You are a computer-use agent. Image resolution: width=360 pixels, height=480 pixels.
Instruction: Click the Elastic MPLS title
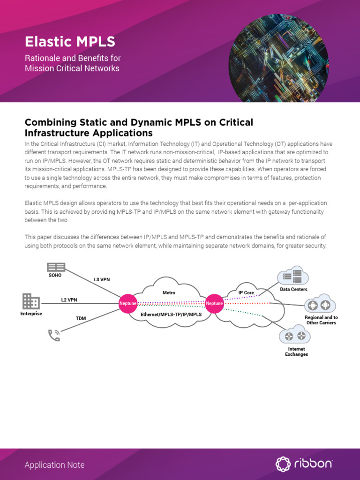[x=70, y=42]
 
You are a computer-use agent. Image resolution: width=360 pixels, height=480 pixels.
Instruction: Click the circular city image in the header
[x=278, y=52]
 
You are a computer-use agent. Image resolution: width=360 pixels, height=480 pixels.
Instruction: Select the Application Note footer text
[x=54, y=465]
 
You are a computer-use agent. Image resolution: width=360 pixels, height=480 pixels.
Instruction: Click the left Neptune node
[x=128, y=303]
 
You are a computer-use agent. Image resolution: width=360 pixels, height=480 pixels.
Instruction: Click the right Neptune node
[x=214, y=303]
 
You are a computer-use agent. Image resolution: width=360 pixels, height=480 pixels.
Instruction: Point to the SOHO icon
[x=55, y=267]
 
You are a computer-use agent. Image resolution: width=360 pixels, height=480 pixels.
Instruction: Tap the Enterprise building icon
[x=31, y=301]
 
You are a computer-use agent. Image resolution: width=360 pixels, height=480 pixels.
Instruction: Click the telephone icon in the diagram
[x=54, y=335]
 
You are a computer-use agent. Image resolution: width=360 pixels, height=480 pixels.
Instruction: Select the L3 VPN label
[x=102, y=280]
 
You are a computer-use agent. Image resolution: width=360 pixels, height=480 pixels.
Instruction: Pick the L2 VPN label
[x=69, y=300]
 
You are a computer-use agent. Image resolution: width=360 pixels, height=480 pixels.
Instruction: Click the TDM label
[x=81, y=318]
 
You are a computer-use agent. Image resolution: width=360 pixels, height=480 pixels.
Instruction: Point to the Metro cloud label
[x=169, y=292]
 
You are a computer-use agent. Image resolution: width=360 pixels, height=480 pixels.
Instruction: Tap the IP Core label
[x=246, y=292]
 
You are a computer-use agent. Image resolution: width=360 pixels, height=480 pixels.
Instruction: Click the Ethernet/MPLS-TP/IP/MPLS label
[x=171, y=315]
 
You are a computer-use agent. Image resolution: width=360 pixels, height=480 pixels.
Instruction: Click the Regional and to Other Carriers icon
[x=319, y=306]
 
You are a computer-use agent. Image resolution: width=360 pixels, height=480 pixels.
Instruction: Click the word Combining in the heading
[x=50, y=122]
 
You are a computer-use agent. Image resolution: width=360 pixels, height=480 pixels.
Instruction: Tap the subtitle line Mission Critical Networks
[x=72, y=68]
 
